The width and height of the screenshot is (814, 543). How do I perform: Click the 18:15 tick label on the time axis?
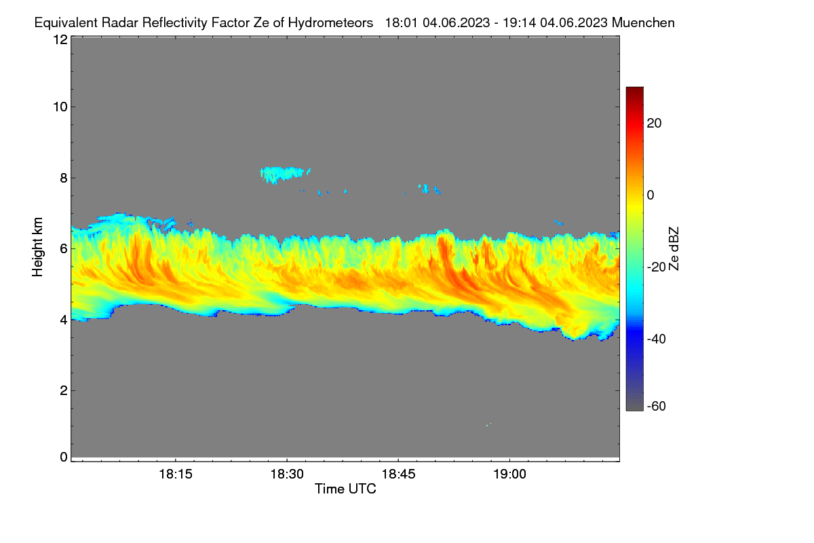click(176, 474)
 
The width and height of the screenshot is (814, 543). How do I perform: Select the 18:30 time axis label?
click(287, 474)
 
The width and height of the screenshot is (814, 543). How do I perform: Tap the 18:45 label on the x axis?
click(398, 474)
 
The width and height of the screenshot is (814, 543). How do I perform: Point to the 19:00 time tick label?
click(509, 474)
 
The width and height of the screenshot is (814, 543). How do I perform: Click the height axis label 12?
click(60, 39)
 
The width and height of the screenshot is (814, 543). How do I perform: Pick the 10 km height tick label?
click(60, 107)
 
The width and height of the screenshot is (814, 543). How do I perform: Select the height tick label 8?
click(64, 179)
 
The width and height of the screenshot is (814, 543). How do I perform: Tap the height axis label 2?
click(64, 390)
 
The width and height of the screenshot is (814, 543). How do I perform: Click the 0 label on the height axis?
click(64, 457)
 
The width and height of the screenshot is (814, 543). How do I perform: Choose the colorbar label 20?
click(654, 124)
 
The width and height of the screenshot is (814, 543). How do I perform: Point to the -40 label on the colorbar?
click(657, 339)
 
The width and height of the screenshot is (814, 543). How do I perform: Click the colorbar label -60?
click(657, 407)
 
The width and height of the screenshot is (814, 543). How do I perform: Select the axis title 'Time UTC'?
click(345, 489)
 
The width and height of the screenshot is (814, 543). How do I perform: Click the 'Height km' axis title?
click(37, 247)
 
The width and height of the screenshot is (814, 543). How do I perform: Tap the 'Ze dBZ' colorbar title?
click(674, 249)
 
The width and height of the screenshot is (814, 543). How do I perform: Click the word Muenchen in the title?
click(643, 23)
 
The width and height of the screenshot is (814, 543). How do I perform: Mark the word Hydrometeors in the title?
click(331, 23)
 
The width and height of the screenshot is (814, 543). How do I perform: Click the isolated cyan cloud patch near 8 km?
click(284, 174)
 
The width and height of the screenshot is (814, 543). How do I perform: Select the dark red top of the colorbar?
click(634, 92)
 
